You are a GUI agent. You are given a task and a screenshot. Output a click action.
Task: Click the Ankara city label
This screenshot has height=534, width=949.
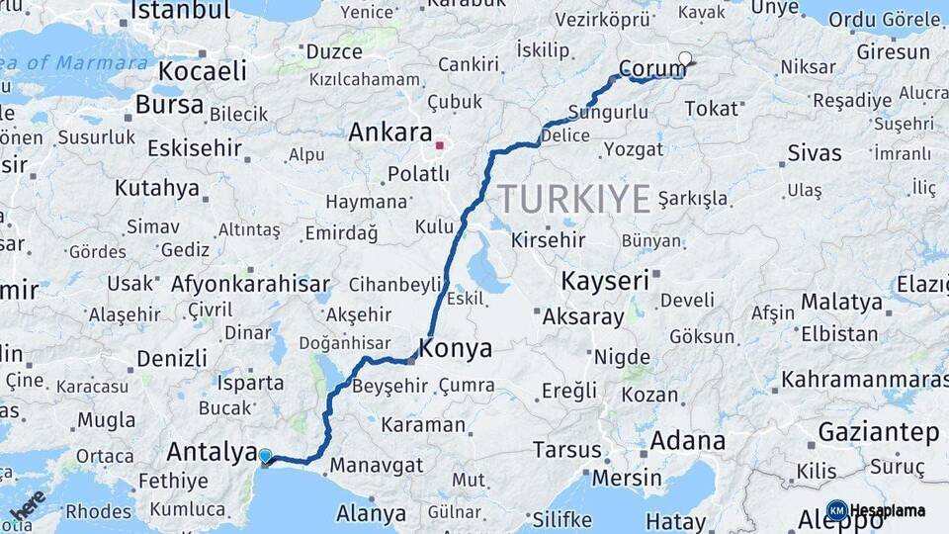[391, 133]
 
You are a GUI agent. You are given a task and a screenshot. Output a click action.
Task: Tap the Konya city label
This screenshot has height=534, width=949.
[456, 348]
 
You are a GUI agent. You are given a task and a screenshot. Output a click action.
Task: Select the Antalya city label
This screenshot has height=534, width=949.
[212, 452]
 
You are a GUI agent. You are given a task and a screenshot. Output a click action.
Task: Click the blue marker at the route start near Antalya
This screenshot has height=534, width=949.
[265, 456]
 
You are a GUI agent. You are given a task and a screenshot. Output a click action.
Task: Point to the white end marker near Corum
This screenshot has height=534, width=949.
[685, 58]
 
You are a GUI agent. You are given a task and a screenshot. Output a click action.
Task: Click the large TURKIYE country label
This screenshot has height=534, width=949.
[573, 199]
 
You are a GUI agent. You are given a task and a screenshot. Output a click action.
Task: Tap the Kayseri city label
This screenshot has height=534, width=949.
[605, 281]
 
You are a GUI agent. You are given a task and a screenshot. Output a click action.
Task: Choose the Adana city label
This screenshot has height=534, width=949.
[688, 440]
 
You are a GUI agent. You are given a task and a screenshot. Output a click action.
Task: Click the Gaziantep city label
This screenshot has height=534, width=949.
[878, 432]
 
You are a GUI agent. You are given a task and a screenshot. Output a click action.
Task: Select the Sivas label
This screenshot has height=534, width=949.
[815, 153]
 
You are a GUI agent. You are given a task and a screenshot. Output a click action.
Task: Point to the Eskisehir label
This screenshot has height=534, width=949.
[194, 148]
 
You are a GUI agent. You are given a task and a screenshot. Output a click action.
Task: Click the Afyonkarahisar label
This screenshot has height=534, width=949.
[250, 285]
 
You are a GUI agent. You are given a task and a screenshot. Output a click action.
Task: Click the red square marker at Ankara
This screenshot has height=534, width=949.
[440, 145]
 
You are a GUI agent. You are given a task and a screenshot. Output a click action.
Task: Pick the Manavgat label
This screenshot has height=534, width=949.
[376, 465]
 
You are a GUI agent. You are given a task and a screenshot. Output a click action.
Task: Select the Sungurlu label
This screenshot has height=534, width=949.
[609, 113]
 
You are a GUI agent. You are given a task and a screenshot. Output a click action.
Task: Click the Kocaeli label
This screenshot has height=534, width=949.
[203, 71]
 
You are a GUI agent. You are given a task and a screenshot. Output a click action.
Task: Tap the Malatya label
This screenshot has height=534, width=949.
[841, 302]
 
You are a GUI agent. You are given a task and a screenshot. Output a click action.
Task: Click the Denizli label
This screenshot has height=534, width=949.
[172, 358]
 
